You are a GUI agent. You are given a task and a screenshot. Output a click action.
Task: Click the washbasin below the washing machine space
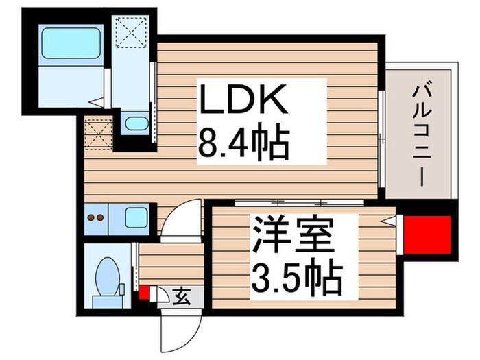[137, 125]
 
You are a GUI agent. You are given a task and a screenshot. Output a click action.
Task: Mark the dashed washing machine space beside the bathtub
[131, 32]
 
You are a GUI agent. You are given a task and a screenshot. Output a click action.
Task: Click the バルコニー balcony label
[420, 135]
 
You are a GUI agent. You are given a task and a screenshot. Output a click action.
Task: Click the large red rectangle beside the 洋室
[427, 234]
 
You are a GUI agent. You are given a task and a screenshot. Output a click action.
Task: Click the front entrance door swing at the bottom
[178, 329]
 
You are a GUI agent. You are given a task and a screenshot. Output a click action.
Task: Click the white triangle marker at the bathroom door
[98, 103]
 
